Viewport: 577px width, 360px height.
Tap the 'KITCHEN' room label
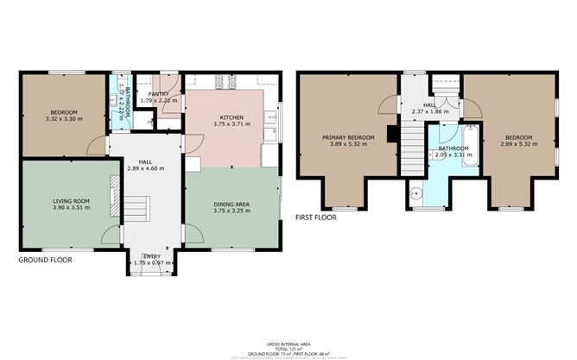231,117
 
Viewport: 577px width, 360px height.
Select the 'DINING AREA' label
231,204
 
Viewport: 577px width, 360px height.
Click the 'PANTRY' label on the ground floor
158,93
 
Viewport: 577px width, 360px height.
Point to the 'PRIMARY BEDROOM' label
348,137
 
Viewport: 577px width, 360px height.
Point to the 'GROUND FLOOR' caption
45,259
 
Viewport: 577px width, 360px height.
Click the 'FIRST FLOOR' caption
316,218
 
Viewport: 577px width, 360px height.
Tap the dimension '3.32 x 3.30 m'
64,119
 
